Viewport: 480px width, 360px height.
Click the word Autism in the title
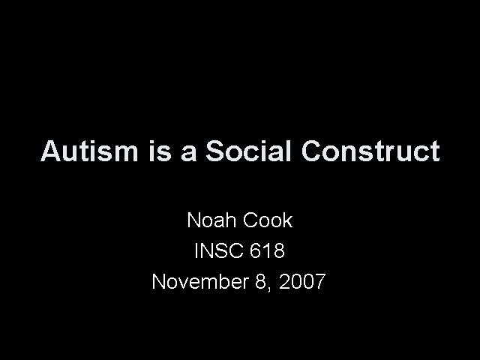pos(89,151)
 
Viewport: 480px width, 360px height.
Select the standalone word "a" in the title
pos(188,154)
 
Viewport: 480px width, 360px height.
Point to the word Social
pos(248,151)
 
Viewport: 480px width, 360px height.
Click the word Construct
pos(370,151)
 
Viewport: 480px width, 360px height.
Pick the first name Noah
pos(211,220)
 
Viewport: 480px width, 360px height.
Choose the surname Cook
pos(268,220)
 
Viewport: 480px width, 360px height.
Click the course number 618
pos(267,250)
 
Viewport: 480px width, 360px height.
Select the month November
pos(200,281)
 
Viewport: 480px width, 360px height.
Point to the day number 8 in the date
pos(261,281)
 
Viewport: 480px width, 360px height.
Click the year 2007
pos(302,281)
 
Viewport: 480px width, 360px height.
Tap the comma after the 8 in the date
pos(269,289)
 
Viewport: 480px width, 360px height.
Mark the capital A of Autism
pos(51,151)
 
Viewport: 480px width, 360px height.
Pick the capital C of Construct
pos(312,151)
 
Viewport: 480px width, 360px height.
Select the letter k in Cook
pos(288,220)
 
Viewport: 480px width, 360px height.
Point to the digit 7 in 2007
pos(320,281)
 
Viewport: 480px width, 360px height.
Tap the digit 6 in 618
pos(256,250)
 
